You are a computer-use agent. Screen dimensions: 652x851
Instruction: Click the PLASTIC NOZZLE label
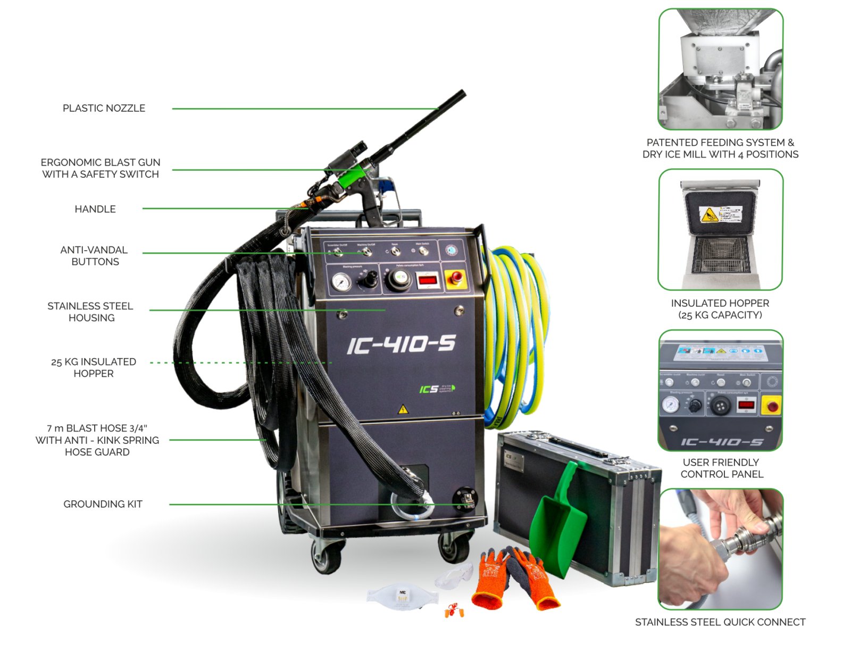click(104, 108)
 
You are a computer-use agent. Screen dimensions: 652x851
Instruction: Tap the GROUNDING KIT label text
click(103, 504)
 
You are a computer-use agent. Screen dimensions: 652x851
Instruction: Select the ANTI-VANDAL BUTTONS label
click(94, 255)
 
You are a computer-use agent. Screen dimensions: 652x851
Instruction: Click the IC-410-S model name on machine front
click(401, 345)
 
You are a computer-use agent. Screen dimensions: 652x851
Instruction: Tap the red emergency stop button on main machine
click(456, 277)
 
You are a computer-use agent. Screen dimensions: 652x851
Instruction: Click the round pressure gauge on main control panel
click(341, 282)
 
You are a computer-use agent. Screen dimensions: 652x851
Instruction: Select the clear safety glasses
click(455, 576)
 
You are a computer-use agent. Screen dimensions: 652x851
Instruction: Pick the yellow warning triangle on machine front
click(403, 409)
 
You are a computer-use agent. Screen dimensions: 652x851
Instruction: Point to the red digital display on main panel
click(427, 279)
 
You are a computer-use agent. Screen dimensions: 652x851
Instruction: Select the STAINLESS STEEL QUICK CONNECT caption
click(720, 622)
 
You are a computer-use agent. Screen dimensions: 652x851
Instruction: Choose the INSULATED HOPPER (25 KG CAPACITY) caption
click(720, 309)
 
